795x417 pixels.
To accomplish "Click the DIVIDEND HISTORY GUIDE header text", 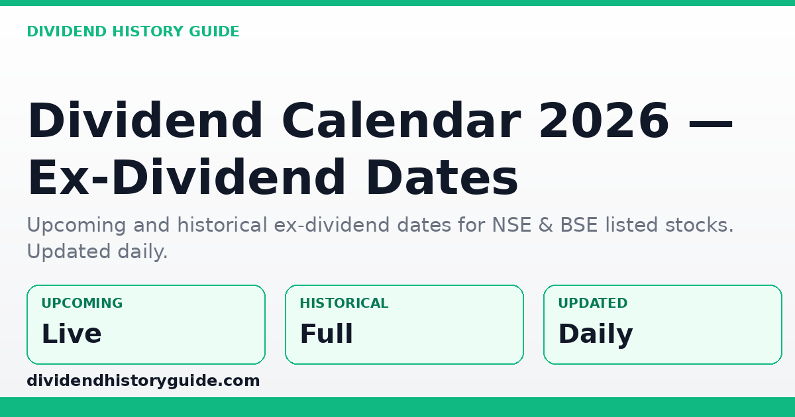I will click(132, 32).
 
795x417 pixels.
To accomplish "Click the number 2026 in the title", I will click(604, 122).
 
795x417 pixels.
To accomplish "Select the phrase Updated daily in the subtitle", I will click(97, 252).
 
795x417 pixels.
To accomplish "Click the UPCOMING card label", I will click(81, 304).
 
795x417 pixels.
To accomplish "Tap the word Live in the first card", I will click(71, 334).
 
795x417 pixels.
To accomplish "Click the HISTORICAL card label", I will click(344, 304).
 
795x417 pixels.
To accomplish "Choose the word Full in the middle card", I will click(326, 334).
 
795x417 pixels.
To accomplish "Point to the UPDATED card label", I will click(592, 304).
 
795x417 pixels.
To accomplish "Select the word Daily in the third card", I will click(595, 335).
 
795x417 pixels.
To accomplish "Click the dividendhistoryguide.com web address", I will click(143, 381).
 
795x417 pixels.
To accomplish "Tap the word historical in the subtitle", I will click(221, 226).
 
